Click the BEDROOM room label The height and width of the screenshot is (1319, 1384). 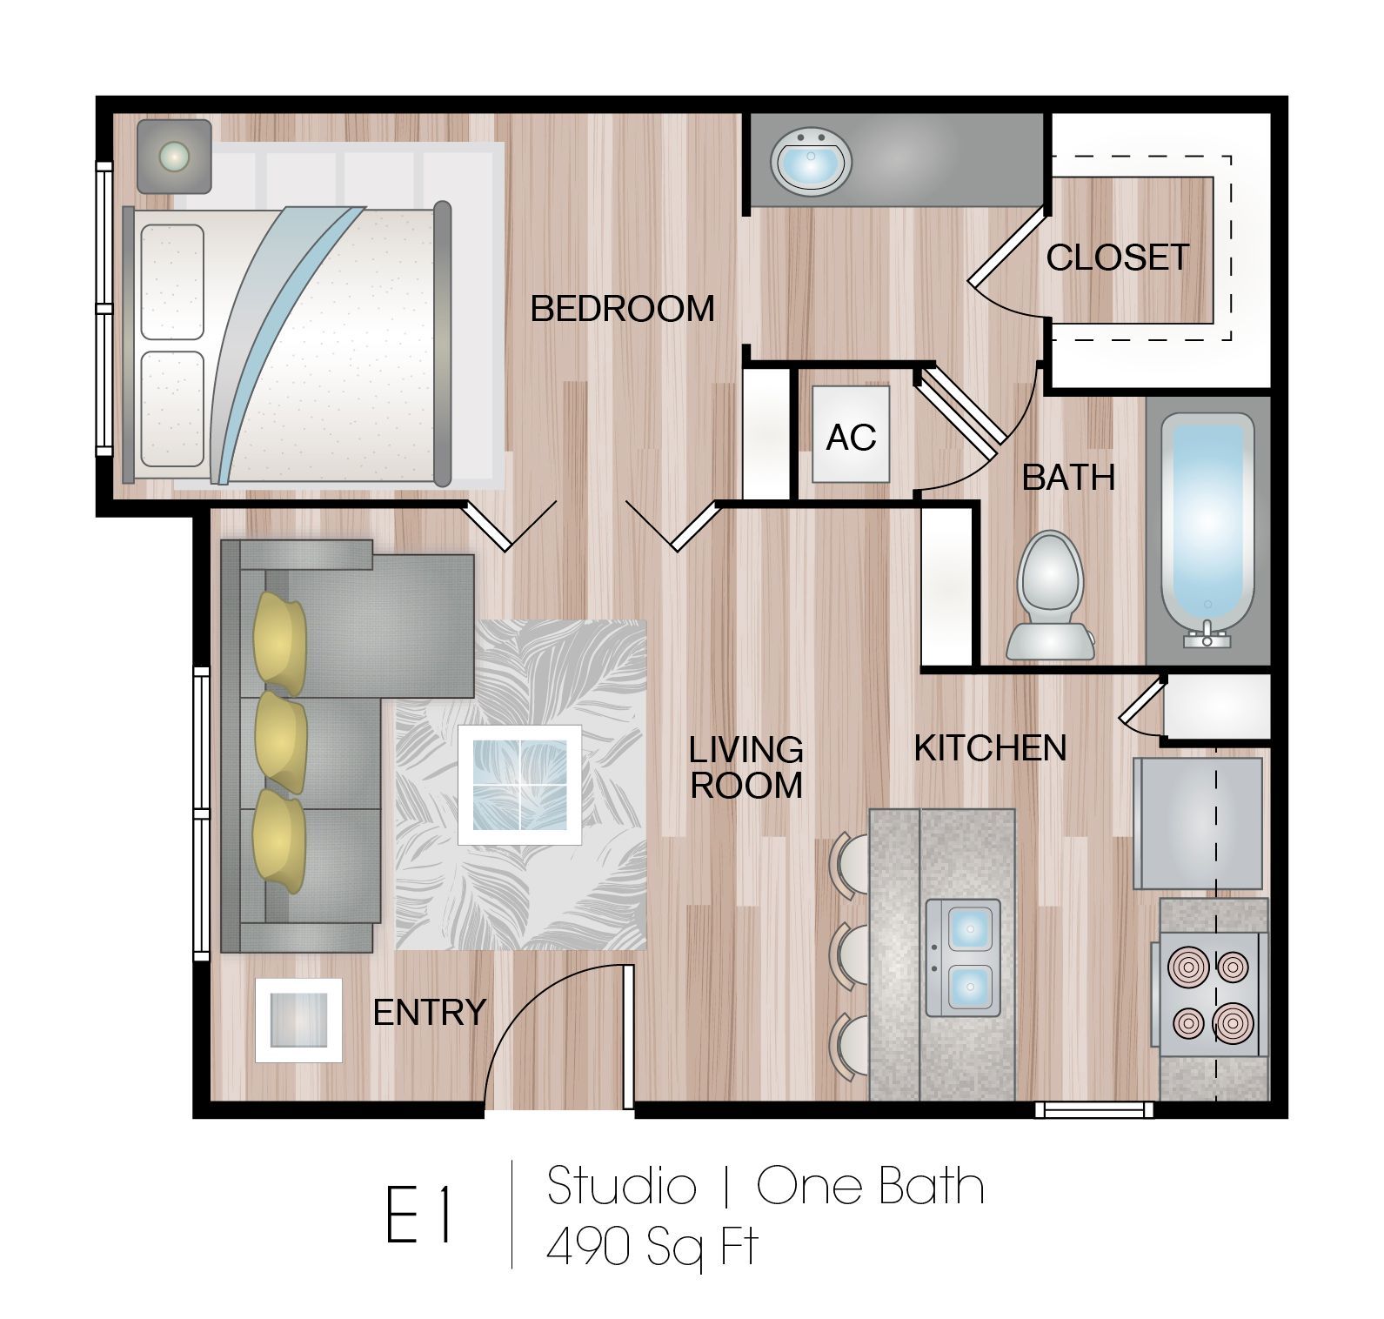pyautogui.click(x=622, y=309)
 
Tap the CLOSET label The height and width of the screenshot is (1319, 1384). pyautogui.click(x=1117, y=258)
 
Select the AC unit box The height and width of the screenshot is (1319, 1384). pyautogui.click(x=850, y=435)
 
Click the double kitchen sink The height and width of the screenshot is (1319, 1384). pyautogui.click(x=963, y=958)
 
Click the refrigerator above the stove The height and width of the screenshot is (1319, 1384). pyautogui.click(x=1197, y=823)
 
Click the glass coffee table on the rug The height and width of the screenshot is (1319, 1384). pyautogui.click(x=520, y=784)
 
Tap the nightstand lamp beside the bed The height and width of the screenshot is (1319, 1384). pyautogui.click(x=174, y=156)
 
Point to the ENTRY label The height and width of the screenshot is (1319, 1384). pyautogui.click(x=429, y=1013)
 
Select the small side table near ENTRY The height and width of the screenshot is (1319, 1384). pyautogui.click(x=298, y=1020)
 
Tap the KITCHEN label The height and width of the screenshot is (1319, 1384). pyautogui.click(x=990, y=748)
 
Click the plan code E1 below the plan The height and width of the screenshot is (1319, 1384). pyautogui.click(x=419, y=1215)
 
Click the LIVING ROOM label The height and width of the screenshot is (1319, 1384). pyautogui.click(x=745, y=767)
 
